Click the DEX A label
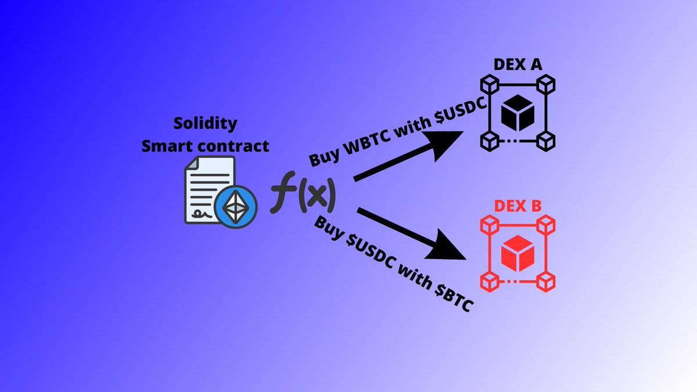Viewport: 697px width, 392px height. pyautogui.click(x=517, y=64)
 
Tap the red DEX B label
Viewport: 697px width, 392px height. pyautogui.click(x=517, y=206)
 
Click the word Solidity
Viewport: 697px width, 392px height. pyautogui.click(x=206, y=123)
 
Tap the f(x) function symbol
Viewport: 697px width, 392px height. pyautogui.click(x=303, y=196)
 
